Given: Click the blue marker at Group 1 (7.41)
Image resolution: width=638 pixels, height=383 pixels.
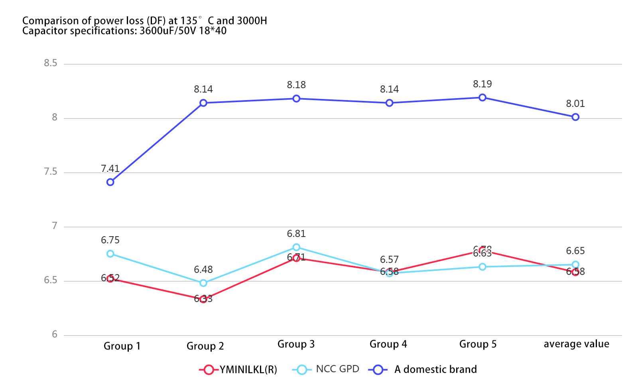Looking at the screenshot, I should pos(110,182).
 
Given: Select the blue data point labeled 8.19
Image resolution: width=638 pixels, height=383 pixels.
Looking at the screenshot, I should pos(482,97).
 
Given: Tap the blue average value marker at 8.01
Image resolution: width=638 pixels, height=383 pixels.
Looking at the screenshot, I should pos(575,117).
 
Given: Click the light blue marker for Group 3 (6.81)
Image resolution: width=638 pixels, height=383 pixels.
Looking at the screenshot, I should pos(296,247).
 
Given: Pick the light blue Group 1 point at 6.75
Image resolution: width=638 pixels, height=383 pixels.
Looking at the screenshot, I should pos(110,254).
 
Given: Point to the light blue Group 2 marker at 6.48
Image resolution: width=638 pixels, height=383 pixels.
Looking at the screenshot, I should pos(203,283).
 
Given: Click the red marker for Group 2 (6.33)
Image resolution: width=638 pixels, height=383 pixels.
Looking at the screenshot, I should pos(203,299).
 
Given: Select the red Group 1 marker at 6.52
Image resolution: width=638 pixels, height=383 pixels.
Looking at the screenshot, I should pos(110,278).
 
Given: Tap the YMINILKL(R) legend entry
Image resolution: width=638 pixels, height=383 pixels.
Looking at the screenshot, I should pos(238,370).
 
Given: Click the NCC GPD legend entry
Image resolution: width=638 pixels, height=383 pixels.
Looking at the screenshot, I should pos(326,369).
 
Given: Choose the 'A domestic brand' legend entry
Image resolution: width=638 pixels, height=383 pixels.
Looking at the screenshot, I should pos(423,369).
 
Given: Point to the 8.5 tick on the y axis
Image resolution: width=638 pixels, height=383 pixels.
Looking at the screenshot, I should pos(51,63).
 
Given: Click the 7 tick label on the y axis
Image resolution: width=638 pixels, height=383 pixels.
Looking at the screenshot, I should pos(55,226).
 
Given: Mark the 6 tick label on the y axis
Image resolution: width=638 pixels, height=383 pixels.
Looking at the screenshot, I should pos(55,334).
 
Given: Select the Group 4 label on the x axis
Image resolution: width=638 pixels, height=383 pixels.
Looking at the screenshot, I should pos(388,344).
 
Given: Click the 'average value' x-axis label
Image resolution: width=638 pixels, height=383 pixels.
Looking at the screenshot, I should pos(576,344).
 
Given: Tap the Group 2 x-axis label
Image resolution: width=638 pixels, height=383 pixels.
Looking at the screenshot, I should pos(205,346).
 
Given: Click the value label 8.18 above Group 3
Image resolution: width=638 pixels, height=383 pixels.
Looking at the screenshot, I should pos(296,85).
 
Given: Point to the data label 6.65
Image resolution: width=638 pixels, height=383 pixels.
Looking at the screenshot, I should pos(575,251).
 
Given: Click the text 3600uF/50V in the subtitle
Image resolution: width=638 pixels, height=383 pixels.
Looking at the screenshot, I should pos(168,31).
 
